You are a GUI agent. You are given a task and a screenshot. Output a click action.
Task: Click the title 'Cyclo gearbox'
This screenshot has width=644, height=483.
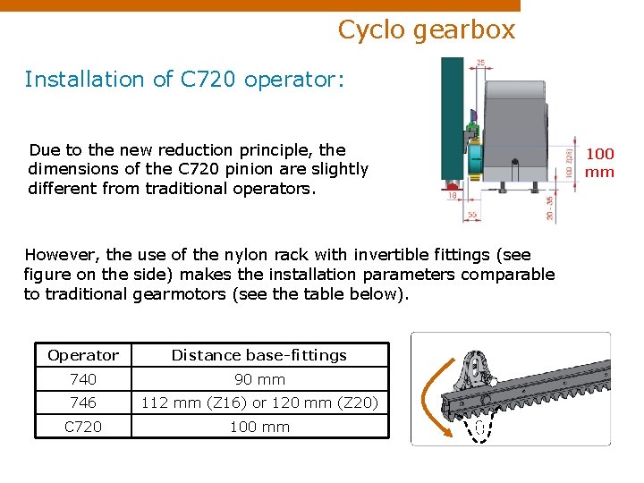pos(427,30)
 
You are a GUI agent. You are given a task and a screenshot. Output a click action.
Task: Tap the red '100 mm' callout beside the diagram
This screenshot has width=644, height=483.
pos(599,163)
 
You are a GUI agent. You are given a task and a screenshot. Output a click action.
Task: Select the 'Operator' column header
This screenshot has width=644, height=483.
pos(82,355)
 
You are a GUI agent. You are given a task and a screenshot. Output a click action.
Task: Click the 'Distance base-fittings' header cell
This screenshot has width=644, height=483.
pos(259,355)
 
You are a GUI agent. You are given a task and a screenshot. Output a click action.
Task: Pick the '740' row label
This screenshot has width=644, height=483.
pos(82,379)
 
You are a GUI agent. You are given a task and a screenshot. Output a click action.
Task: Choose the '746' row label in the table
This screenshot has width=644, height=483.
pos(82,403)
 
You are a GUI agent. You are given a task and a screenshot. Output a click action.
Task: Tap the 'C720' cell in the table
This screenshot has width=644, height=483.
pos(82,428)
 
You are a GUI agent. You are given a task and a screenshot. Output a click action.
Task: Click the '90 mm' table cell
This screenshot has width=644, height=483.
pos(259,379)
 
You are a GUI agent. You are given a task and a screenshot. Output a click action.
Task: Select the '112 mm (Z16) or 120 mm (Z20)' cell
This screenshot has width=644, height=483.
pos(259,403)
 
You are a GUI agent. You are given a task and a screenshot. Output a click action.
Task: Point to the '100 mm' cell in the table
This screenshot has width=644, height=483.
pos(259,428)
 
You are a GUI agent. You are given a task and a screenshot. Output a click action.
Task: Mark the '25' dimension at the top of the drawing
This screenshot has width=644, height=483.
pos(481,63)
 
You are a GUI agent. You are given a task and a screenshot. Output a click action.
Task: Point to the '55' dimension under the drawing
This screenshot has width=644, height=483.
pos(472,216)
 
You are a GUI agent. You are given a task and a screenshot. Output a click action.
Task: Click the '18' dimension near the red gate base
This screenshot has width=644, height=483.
pos(453,194)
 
